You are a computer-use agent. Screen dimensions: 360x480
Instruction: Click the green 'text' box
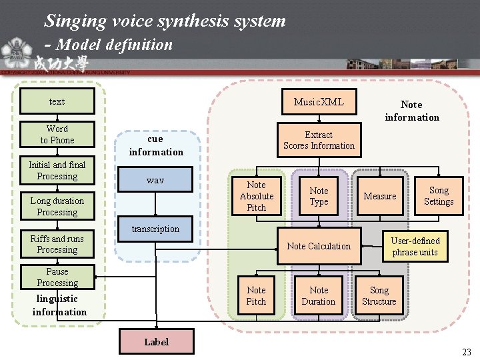pyautogui.click(x=57, y=102)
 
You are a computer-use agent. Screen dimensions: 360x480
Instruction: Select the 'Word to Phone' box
pyautogui.click(x=57, y=135)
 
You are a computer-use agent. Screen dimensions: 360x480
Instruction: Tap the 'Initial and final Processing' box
pyautogui.click(x=57, y=171)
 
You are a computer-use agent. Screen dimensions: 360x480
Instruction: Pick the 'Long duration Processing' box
pyautogui.click(x=57, y=207)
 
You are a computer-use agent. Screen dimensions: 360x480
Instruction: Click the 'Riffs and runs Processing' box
pyautogui.click(x=57, y=244)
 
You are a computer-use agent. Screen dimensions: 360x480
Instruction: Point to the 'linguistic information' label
pyautogui.click(x=59, y=305)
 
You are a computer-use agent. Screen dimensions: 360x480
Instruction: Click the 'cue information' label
pyautogui.click(x=155, y=145)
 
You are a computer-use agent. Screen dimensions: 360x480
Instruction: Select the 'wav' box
pyautogui.click(x=155, y=181)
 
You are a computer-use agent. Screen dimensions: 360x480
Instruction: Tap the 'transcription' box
pyautogui.click(x=155, y=229)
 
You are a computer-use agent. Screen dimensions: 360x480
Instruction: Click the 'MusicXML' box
pyautogui.click(x=319, y=102)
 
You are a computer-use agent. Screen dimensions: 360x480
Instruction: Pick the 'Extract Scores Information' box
pyautogui.click(x=319, y=140)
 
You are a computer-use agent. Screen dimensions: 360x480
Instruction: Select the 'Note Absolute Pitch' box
pyautogui.click(x=257, y=196)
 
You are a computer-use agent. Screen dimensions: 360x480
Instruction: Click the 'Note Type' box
pyautogui.click(x=319, y=196)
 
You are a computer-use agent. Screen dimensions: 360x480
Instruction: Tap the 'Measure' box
pyautogui.click(x=380, y=196)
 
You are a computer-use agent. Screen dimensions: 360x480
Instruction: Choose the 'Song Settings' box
pyautogui.click(x=439, y=196)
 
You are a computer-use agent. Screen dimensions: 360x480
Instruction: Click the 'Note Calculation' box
pyautogui.click(x=319, y=246)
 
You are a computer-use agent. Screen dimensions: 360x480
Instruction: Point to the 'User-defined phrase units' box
pyautogui.click(x=415, y=246)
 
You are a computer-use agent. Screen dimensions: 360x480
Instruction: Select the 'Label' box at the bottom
pyautogui.click(x=157, y=342)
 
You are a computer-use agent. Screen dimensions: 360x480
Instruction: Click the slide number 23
pyautogui.click(x=466, y=352)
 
